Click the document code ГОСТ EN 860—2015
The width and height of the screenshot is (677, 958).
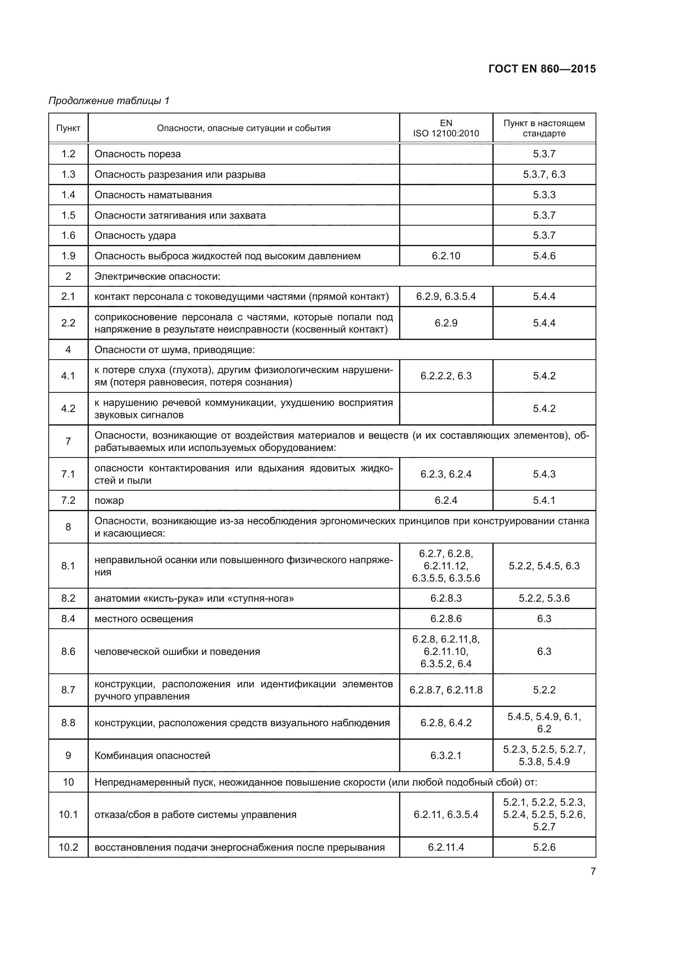(542, 69)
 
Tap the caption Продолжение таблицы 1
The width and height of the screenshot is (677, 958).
(109, 101)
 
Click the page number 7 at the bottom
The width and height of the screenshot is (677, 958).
(593, 871)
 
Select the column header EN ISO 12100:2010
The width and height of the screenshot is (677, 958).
(446, 128)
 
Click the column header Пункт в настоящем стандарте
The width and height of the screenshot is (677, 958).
(544, 128)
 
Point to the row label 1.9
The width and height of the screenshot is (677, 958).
(68, 256)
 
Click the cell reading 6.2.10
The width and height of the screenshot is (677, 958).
(446, 256)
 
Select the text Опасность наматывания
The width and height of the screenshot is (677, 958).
(153, 195)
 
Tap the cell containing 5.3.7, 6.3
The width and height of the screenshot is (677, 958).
(544, 174)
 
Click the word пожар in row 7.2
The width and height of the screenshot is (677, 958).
(109, 500)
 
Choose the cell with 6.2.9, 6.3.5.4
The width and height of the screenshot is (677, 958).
(446, 296)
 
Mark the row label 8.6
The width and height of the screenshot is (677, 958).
(68, 651)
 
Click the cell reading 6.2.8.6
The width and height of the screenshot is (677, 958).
(446, 618)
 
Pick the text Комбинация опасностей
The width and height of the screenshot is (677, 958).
(152, 756)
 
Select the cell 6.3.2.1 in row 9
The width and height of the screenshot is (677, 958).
(446, 756)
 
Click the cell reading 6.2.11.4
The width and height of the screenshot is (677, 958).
(446, 847)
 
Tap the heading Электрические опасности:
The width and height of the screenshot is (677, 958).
(157, 276)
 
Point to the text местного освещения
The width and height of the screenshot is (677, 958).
(143, 618)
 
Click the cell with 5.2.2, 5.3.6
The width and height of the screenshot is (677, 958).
(544, 598)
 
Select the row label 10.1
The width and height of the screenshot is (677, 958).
(68, 815)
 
